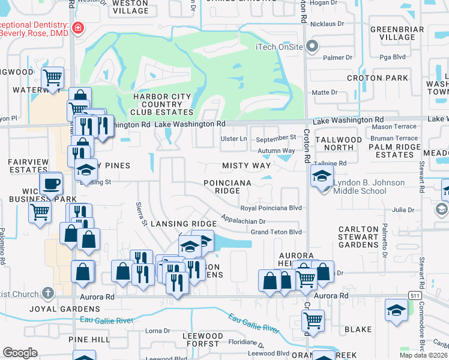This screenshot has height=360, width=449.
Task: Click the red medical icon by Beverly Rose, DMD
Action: (x=77, y=28)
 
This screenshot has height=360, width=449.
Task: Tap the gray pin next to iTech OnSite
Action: (x=312, y=46)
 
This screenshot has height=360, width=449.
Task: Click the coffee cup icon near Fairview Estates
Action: (x=51, y=183)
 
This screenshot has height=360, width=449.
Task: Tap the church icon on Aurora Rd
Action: (x=48, y=293)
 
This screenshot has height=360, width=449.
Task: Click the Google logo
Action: (x=20, y=352)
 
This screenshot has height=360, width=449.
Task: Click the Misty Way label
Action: (x=246, y=165)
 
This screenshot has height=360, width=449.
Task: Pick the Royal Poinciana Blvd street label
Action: (x=270, y=208)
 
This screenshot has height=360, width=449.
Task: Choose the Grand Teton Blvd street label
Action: (x=276, y=232)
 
